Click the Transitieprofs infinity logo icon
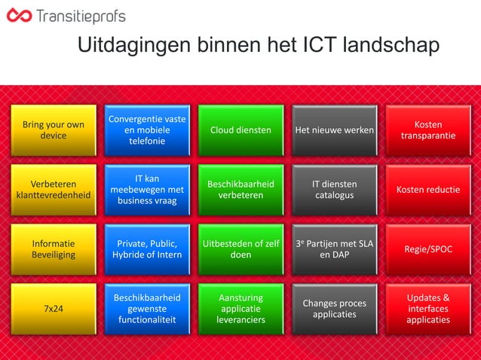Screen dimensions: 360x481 pyautogui.click(x=20, y=16)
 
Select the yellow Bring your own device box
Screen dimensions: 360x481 pyautogui.click(x=54, y=130)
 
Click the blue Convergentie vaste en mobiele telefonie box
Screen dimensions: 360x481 pyautogui.click(x=147, y=130)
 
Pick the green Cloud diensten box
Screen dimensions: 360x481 pyautogui.click(x=240, y=130)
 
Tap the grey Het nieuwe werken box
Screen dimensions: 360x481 pyautogui.click(x=334, y=130)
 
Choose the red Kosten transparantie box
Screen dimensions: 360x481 pyautogui.click(x=427, y=130)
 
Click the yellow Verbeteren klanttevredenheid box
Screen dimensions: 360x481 pyautogui.click(x=54, y=190)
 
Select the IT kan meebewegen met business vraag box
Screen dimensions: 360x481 pyautogui.click(x=147, y=190)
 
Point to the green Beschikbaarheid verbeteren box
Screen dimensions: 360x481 pyautogui.click(x=240, y=190)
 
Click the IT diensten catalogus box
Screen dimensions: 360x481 pyautogui.click(x=334, y=190)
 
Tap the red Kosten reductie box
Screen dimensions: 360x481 pyautogui.click(x=427, y=190)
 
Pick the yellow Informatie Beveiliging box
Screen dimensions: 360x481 pyautogui.click(x=54, y=249)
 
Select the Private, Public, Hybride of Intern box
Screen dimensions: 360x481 pyautogui.click(x=147, y=249)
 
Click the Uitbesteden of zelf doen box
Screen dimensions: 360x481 pyautogui.click(x=240, y=249)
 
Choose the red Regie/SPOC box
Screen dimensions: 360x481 pyautogui.click(x=427, y=249)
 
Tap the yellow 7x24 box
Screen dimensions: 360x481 pyautogui.click(x=54, y=309)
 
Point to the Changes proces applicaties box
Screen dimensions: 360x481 pyautogui.click(x=334, y=309)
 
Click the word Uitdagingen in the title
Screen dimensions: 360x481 pyautogui.click(x=133, y=46)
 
